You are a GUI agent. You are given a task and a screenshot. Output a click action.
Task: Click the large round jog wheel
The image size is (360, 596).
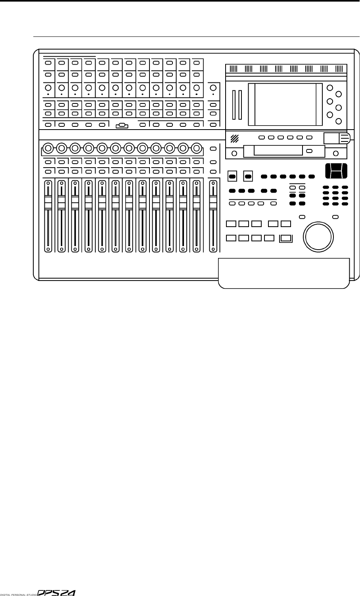pos(317,236)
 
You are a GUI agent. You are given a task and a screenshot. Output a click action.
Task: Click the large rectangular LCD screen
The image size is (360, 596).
pos(285,104)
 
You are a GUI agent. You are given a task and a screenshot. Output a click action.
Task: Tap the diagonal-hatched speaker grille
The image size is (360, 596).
pos(235,138)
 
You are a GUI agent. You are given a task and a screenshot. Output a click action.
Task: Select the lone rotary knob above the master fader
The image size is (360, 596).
pos(213,88)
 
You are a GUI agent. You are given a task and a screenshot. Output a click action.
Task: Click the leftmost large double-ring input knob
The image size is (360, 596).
pos(48,149)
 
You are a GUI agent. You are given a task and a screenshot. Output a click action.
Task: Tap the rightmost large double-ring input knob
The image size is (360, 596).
pos(196,149)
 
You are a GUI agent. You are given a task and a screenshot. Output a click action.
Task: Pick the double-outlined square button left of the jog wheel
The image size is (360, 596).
pos(285,238)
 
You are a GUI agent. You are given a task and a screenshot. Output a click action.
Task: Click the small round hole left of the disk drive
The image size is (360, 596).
pos(234,153)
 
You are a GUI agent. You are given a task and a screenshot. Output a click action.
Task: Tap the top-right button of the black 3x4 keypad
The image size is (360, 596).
pos(345,187)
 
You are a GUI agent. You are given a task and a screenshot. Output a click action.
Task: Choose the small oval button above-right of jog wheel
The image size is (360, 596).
pos(335,217)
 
